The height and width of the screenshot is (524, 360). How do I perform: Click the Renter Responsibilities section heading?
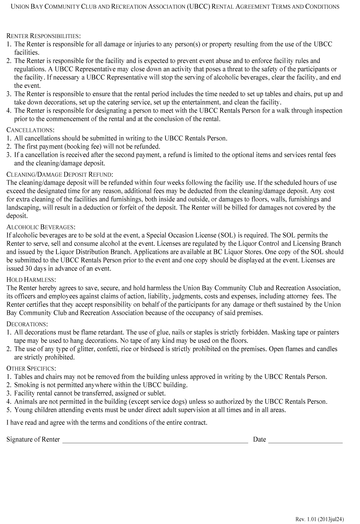coord(44,36)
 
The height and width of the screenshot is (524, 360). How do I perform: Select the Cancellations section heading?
coord(30,130)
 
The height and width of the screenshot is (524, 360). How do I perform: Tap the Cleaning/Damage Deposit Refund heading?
coord(60,174)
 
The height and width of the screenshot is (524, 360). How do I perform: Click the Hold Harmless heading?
coord(31,279)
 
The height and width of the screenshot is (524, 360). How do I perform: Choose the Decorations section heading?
coord(27,324)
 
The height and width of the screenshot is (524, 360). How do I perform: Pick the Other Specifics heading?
coord(31,368)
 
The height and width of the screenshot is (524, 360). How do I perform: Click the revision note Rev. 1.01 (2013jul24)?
coord(320,519)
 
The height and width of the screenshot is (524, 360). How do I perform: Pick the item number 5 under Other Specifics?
coord(9,410)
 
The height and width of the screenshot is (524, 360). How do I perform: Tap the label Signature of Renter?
coord(33,439)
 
